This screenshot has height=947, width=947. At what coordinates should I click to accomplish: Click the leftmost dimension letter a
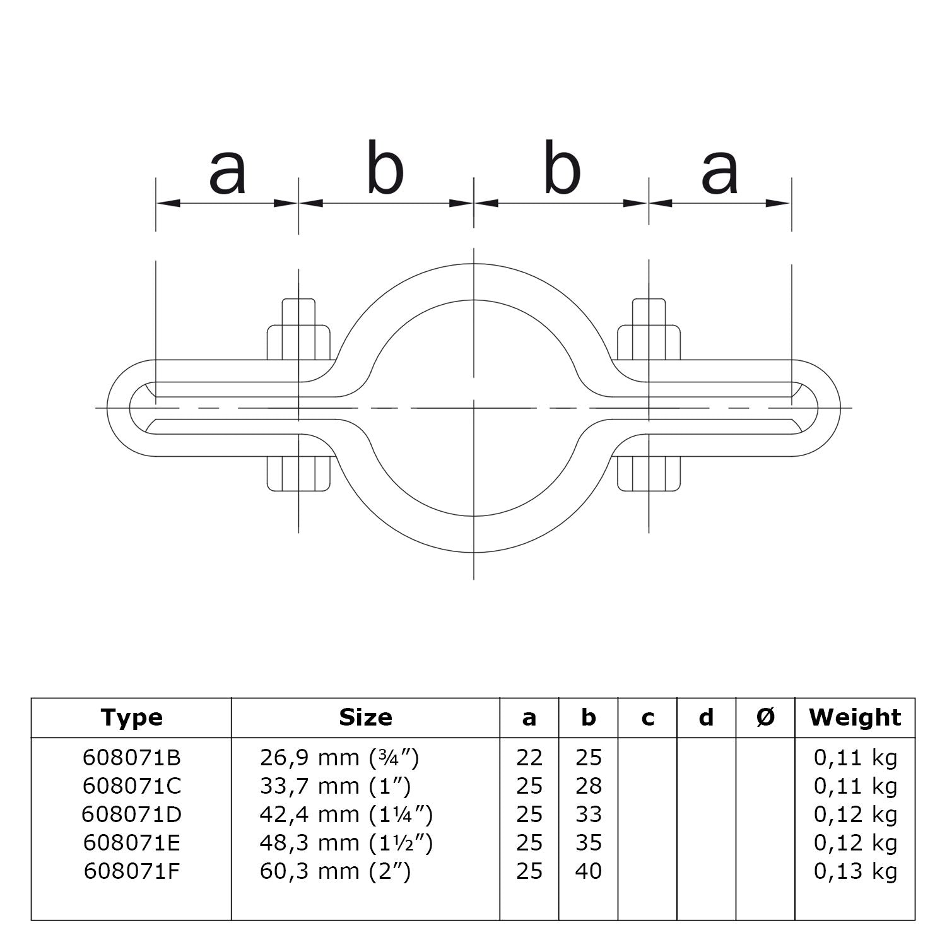click(227, 172)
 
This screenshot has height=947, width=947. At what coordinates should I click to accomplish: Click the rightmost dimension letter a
click(719, 172)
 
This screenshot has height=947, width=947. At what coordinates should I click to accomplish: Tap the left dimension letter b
click(385, 167)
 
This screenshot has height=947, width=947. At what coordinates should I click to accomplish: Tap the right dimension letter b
click(562, 167)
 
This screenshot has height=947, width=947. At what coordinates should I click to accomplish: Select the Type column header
click(131, 717)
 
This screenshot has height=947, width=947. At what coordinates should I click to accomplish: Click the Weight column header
click(855, 717)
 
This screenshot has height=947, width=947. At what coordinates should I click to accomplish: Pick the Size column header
click(365, 717)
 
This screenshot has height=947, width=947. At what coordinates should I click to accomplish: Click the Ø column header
click(765, 717)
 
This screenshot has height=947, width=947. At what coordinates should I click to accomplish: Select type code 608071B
click(131, 758)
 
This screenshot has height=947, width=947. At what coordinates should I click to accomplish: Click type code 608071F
click(131, 871)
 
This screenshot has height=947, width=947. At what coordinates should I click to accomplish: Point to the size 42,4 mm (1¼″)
click(346, 815)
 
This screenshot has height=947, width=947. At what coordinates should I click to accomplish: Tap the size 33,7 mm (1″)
click(335, 786)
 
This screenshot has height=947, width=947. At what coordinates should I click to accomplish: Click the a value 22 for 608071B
click(529, 758)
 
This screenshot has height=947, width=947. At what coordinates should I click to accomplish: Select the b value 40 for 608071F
click(588, 871)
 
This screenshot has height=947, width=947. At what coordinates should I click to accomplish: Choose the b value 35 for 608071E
click(588, 843)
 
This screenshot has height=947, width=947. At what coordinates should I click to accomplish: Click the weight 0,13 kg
click(855, 871)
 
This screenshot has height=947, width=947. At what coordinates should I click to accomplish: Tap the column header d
click(706, 717)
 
